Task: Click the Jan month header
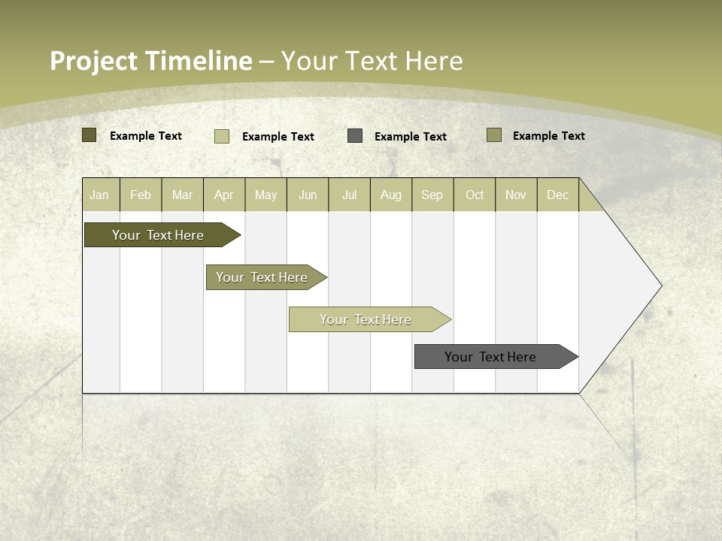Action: [x=99, y=195]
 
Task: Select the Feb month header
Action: [x=141, y=195]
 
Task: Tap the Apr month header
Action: [x=224, y=195]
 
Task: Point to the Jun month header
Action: [x=308, y=195]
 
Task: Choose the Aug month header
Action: [x=391, y=195]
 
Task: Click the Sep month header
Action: [x=432, y=195]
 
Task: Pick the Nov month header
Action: [x=516, y=195]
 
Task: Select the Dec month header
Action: [x=558, y=195]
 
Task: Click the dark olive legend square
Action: [x=89, y=135]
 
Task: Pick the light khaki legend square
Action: [x=222, y=136]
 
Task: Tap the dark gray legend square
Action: [x=355, y=136]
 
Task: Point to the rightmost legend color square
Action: [x=494, y=135]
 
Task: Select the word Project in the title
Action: [x=93, y=61]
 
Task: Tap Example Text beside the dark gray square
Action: [x=411, y=137]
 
